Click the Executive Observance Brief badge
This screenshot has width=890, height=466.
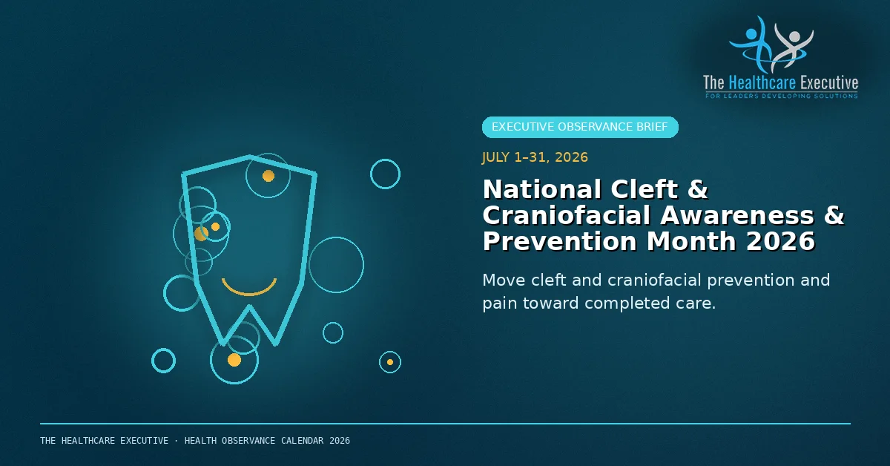click(x=580, y=127)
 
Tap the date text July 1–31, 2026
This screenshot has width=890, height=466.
click(x=535, y=157)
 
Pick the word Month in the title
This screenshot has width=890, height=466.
click(x=691, y=242)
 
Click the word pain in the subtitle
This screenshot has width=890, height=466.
click(x=498, y=304)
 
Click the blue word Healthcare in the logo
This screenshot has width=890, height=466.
click(x=762, y=83)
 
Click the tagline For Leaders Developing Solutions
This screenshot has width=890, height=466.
click(x=782, y=96)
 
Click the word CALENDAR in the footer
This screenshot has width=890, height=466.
click(x=303, y=441)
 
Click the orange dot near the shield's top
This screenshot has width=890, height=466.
click(x=268, y=176)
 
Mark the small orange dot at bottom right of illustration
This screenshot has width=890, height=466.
click(x=390, y=362)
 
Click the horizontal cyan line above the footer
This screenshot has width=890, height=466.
click(x=445, y=424)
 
